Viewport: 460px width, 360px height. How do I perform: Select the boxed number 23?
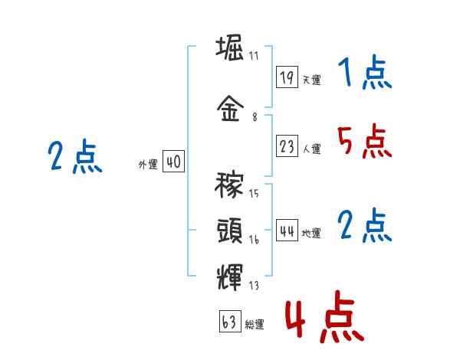287,147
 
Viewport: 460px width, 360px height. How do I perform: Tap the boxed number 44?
287,231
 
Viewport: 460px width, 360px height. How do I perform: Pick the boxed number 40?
173,162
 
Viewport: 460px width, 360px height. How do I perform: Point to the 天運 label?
311,80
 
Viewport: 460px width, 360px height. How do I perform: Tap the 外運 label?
148,165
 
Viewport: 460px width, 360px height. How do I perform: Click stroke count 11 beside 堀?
254,56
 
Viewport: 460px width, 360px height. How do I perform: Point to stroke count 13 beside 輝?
254,286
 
